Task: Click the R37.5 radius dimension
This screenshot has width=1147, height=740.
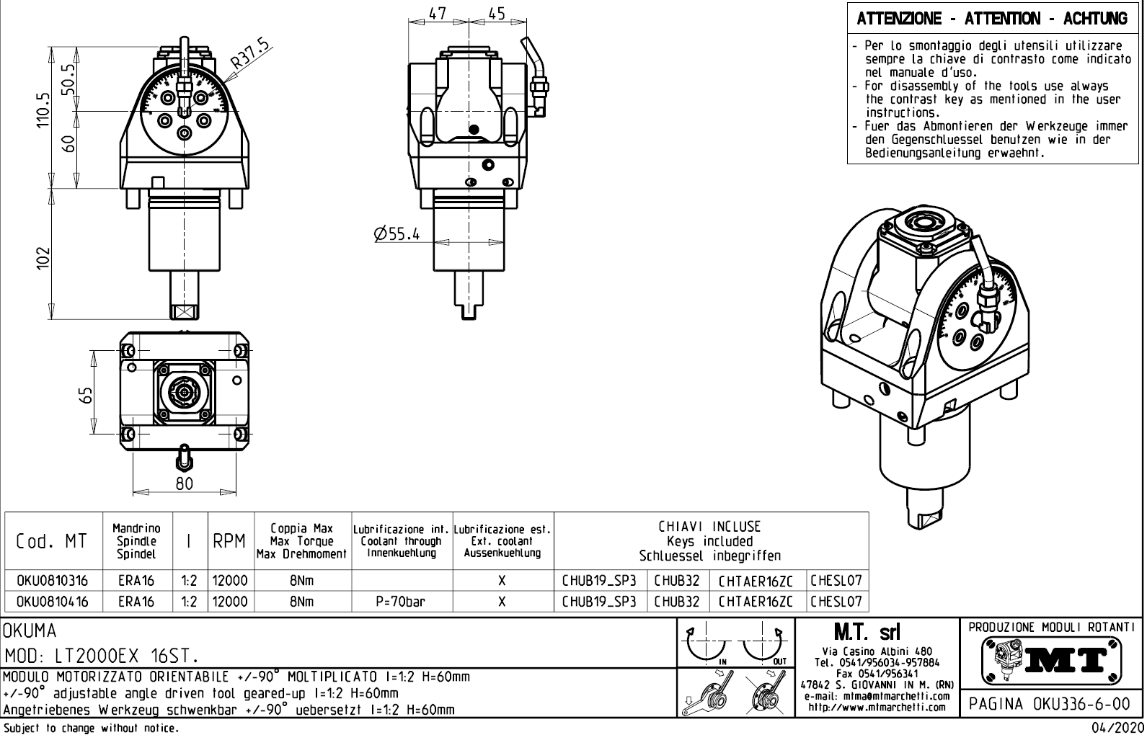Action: [x=250, y=55]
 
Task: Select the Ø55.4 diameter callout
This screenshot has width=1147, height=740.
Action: [x=397, y=234]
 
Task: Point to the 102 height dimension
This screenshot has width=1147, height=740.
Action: [x=43, y=258]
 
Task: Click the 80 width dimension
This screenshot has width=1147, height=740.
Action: [x=185, y=483]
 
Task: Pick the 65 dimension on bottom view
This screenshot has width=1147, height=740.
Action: [x=86, y=396]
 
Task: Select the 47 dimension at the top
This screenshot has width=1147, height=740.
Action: [x=438, y=14]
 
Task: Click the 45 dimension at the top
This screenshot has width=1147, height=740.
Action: [x=497, y=14]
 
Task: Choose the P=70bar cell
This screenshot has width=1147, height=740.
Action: [x=401, y=602]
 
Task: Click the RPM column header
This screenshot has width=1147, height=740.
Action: [x=230, y=542]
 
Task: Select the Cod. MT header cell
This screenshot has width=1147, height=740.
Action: [x=51, y=542]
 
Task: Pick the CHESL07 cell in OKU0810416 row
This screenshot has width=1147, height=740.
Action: [x=836, y=602]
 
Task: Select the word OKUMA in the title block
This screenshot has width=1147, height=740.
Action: [x=30, y=632]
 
